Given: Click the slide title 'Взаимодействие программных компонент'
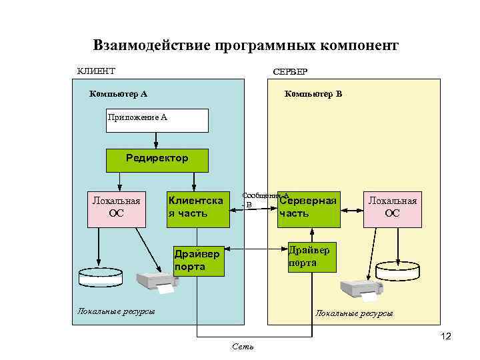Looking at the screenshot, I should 245,45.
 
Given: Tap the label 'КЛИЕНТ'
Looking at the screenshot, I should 96,71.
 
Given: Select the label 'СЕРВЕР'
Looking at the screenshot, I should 290,71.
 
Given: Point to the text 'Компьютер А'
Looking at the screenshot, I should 118,94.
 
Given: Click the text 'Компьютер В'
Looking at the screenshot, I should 313,94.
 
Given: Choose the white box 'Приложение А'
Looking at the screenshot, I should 157,121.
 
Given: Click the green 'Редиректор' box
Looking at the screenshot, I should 157,160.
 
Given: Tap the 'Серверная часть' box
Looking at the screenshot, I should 308,208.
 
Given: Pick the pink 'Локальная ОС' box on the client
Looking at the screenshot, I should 116,208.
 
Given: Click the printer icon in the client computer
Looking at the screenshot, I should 157,283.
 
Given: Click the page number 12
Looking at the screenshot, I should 445,337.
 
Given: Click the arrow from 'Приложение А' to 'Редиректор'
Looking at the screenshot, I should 156,141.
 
